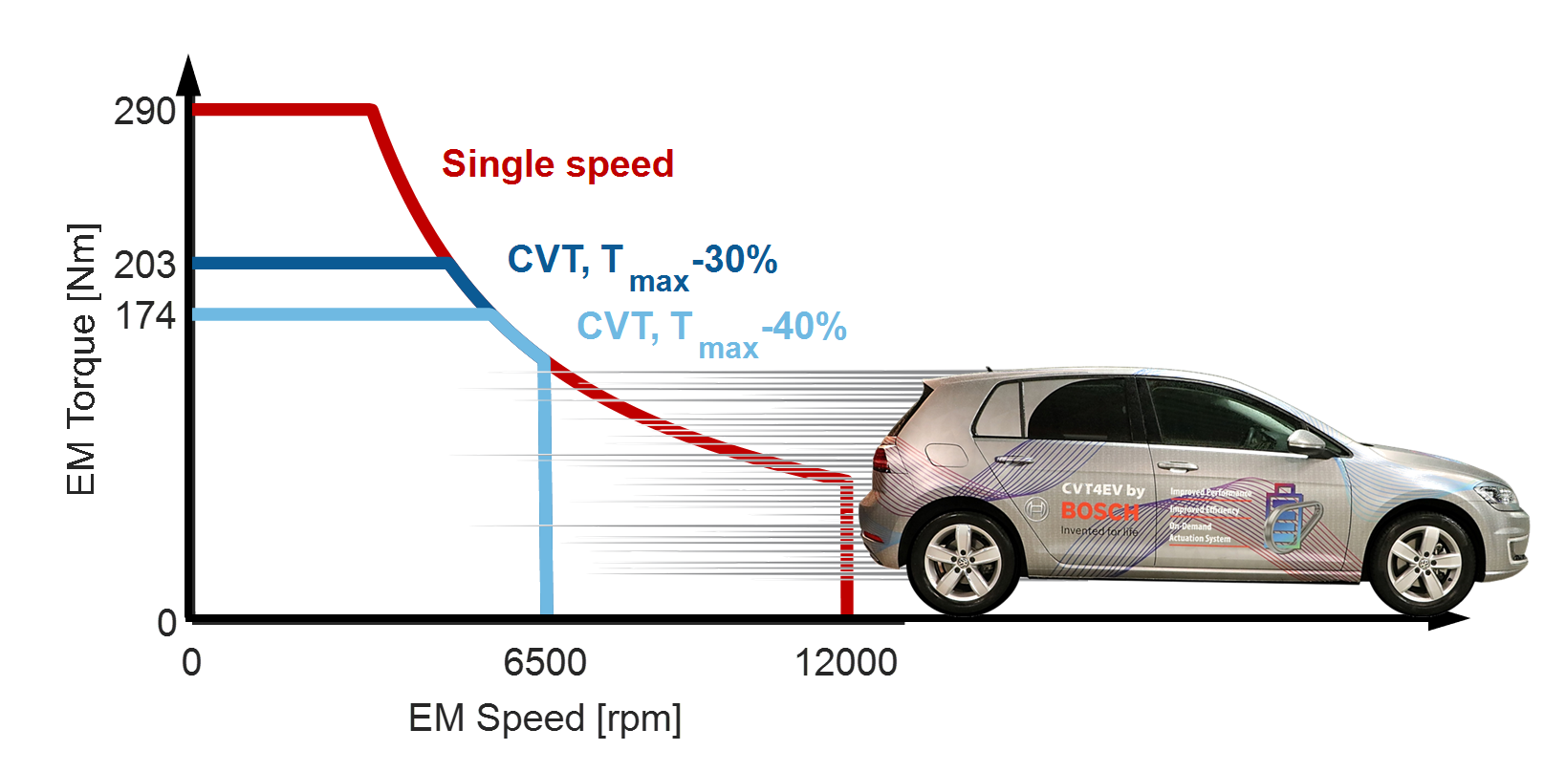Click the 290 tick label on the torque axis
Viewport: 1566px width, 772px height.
[x=144, y=112]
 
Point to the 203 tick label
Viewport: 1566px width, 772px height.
[x=144, y=265]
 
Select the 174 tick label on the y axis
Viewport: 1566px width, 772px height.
[x=144, y=315]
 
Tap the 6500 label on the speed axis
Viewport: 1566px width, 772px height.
[x=545, y=662]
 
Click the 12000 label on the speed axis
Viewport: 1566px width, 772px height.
[x=846, y=662]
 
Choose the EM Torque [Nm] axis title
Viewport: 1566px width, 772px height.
[x=82, y=359]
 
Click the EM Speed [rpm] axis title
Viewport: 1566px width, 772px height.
[x=545, y=718]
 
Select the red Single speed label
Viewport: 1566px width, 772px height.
[x=557, y=163]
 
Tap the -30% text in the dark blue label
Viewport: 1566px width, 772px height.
[x=734, y=259]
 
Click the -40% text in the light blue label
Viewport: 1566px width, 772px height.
[x=804, y=327]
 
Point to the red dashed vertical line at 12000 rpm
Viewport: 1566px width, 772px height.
[x=846, y=545]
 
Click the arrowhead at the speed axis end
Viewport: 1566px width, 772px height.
[x=1447, y=620]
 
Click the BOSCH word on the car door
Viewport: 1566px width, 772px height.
[x=1099, y=511]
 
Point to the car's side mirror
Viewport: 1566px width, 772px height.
[x=1306, y=441]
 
